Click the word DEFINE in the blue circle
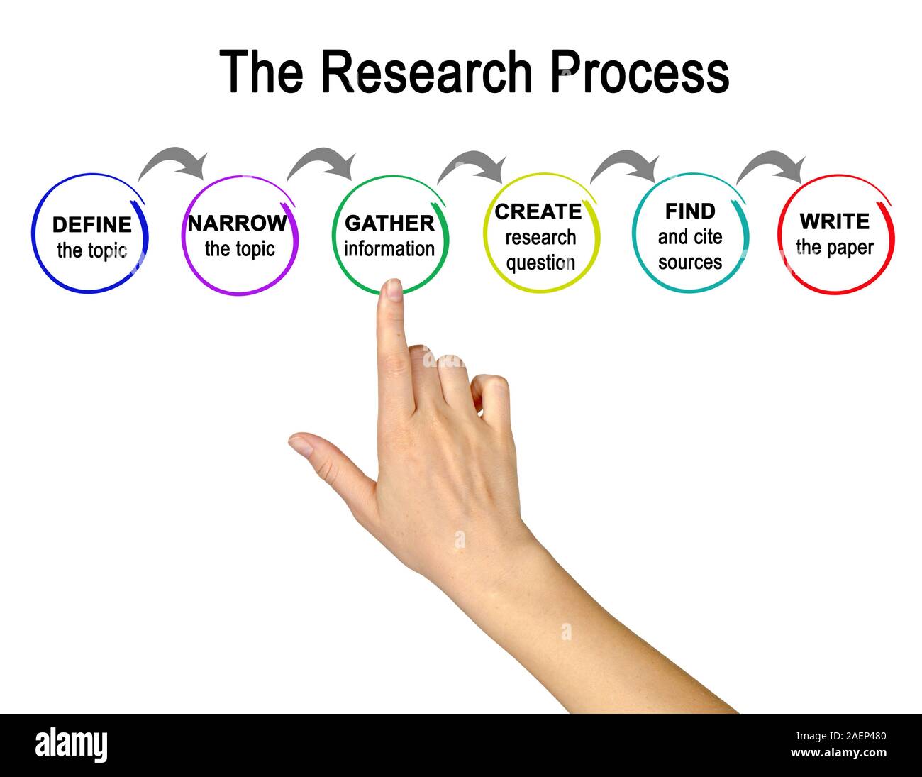tap(92, 225)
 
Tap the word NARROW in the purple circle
tap(238, 223)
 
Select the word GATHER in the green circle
tap(389, 223)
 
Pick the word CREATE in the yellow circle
tap(538, 211)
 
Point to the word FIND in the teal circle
tap(689, 211)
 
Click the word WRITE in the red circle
tap(834, 221)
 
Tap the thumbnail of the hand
tap(301, 444)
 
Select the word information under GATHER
tap(389, 249)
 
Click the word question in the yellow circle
tap(540, 263)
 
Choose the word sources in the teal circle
tap(689, 262)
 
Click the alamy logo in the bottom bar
tap(72, 745)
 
